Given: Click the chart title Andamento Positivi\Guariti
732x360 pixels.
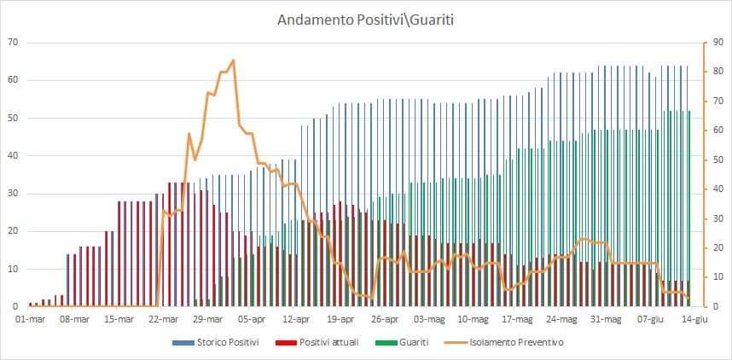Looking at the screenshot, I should click(x=365, y=19).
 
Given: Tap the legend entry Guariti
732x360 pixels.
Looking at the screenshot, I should click(x=400, y=342).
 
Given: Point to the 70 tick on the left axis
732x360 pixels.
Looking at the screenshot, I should click(x=13, y=43).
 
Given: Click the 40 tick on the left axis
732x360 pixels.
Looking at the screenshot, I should click(x=13, y=156).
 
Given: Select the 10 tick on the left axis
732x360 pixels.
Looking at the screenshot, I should click(x=13, y=269).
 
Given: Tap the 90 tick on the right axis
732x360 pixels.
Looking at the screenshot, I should click(x=714, y=43).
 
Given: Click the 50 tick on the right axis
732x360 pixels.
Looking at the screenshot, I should click(x=714, y=160).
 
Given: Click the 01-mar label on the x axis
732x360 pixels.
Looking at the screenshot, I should click(x=30, y=320).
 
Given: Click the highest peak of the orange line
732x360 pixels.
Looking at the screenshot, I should click(x=233, y=61).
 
